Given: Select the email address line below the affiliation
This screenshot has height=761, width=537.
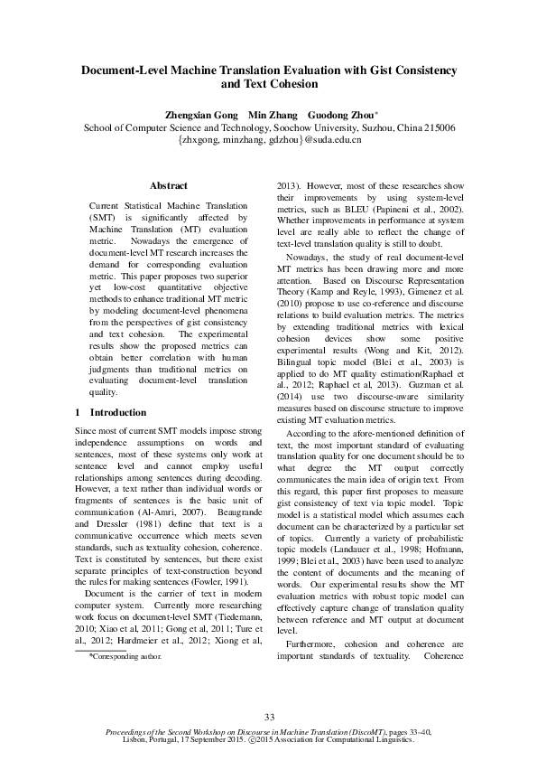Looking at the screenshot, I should [269, 141].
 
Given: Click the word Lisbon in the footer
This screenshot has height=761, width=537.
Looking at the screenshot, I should [171, 738].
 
